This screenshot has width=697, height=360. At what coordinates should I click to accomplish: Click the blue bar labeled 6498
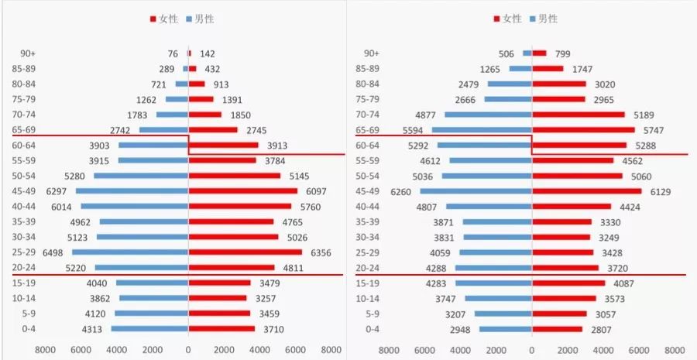click(x=130, y=252)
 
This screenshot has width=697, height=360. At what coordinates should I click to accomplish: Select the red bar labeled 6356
click(x=245, y=252)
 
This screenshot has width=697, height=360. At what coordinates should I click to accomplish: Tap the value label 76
click(x=173, y=53)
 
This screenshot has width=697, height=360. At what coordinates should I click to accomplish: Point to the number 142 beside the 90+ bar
click(x=208, y=53)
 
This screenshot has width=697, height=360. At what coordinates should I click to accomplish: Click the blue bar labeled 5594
click(x=482, y=130)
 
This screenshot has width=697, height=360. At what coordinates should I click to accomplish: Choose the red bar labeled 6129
click(x=586, y=191)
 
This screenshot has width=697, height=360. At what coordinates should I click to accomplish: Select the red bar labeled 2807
click(x=557, y=329)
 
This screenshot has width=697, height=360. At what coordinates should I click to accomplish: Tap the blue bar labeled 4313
click(x=149, y=329)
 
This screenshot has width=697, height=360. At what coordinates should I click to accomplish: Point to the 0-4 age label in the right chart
click(x=373, y=329)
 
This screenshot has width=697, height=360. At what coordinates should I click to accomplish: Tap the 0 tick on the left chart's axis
click(x=188, y=349)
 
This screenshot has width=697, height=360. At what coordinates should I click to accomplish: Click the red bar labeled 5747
click(x=583, y=130)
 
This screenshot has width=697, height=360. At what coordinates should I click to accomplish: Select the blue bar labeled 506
click(x=527, y=53)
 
